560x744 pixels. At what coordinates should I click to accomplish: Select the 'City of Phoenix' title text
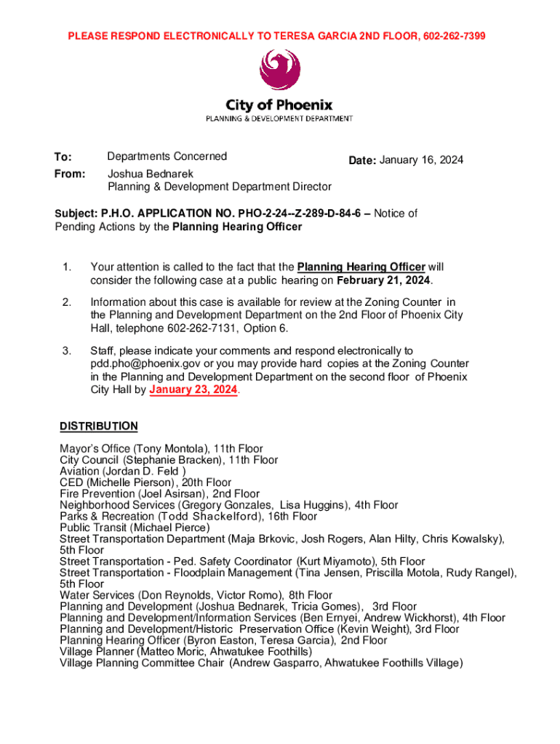pyautogui.click(x=280, y=105)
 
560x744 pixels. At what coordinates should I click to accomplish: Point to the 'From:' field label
pyautogui.click(x=70, y=174)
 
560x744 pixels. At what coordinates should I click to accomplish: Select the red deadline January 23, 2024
pyautogui.click(x=193, y=389)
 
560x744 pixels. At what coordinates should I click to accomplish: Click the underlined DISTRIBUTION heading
pyautogui.click(x=98, y=426)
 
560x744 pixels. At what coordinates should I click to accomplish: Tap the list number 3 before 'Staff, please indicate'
pyautogui.click(x=66, y=351)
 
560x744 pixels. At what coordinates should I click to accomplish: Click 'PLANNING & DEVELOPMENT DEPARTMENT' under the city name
pyautogui.click(x=280, y=118)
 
